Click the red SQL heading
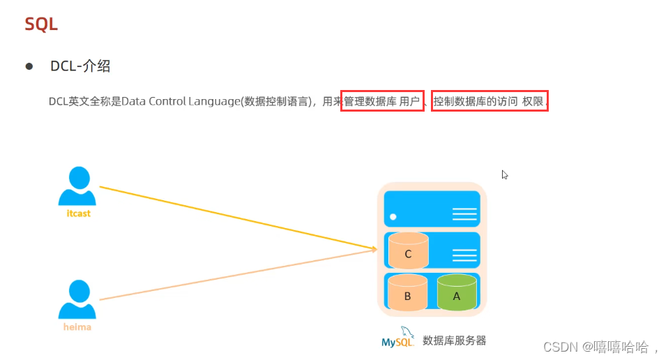41,24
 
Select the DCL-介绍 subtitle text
80,66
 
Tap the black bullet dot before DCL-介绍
29,66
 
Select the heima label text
76,327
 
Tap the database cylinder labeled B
407,293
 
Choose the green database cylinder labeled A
457,293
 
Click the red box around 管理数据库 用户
383,101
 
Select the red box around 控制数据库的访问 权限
489,101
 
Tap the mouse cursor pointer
504,174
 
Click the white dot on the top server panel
393,216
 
